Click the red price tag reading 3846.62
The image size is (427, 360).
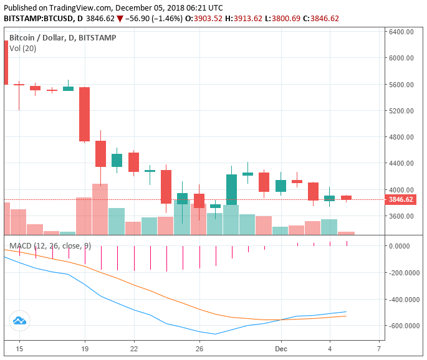point(400,200)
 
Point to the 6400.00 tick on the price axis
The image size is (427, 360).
point(401,32)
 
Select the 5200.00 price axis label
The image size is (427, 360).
point(401,111)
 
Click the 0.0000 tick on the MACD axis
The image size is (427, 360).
point(403,246)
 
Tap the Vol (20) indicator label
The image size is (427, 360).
point(22,48)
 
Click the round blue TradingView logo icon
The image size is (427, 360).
point(19,321)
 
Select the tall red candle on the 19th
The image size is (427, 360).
point(84,114)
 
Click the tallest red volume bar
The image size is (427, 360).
point(100,209)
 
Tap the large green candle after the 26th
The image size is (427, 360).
point(231,189)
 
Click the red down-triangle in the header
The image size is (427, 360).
point(120,19)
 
